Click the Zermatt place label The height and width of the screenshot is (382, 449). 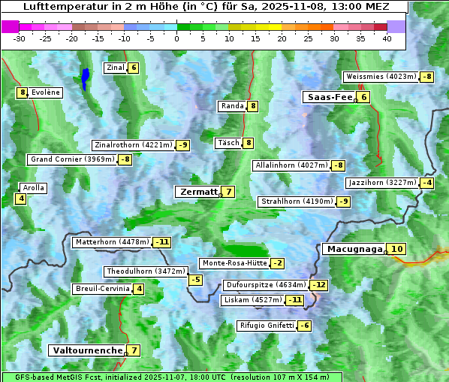click(197, 192)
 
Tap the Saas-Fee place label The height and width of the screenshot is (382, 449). click(328, 97)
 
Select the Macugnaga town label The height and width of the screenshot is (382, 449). click(353, 249)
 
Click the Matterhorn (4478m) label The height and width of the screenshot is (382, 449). click(111, 242)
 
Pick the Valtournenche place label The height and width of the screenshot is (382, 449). click(86, 350)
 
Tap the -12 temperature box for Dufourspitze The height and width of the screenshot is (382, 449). click(319, 285)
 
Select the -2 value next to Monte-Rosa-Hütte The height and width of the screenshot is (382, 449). click(278, 263)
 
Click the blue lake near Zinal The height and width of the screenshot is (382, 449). click(86, 77)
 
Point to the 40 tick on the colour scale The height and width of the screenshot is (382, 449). click(387, 38)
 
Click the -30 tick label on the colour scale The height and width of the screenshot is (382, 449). click(20, 38)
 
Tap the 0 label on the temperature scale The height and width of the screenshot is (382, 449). click(176, 38)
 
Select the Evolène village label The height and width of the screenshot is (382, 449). click(46, 92)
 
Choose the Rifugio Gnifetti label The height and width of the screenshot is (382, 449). click(265, 326)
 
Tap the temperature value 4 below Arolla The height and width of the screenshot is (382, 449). click(21, 199)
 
